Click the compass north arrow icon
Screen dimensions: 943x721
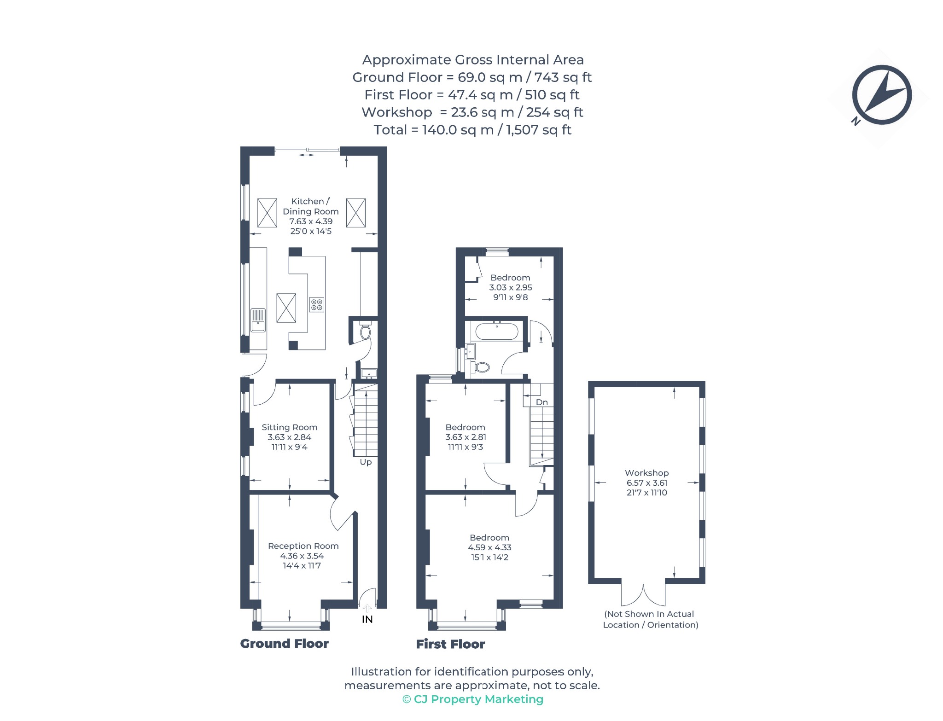tap(881, 95)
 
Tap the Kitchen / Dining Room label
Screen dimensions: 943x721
tap(310, 206)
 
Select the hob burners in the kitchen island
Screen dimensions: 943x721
tap(316, 304)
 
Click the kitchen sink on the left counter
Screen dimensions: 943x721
tap(258, 320)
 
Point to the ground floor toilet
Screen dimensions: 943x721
tap(365, 330)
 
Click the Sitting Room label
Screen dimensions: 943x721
tap(290, 427)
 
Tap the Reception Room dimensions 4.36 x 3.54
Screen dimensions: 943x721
tap(302, 556)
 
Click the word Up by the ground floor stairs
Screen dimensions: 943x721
tap(366, 462)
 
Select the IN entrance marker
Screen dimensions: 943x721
tap(367, 619)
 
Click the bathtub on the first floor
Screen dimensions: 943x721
tap(496, 331)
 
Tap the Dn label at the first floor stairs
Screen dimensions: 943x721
tap(542, 402)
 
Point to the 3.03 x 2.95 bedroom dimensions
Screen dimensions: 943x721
tap(511, 287)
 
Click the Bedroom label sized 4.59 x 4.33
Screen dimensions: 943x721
tap(489, 537)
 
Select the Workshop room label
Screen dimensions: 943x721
tap(646, 473)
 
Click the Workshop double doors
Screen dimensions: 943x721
tap(643, 594)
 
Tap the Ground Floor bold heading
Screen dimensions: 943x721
tap(285, 644)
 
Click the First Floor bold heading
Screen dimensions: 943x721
tap(450, 644)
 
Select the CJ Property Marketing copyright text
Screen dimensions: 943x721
tap(473, 699)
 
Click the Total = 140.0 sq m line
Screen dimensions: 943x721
tap(472, 130)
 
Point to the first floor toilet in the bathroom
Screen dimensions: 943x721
tap(480, 367)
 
